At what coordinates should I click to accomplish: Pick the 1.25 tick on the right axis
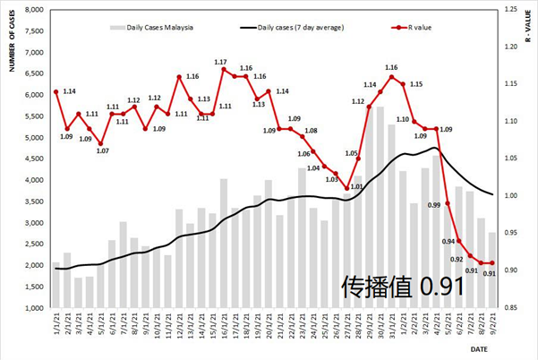click(x=514, y=10)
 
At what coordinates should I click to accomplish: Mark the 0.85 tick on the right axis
click(x=514, y=308)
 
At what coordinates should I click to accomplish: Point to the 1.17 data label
click(x=220, y=62)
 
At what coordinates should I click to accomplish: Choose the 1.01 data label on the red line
click(x=354, y=186)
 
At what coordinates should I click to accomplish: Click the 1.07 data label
click(x=102, y=150)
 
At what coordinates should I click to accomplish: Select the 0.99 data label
click(x=433, y=205)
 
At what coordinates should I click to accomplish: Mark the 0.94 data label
click(x=448, y=241)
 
